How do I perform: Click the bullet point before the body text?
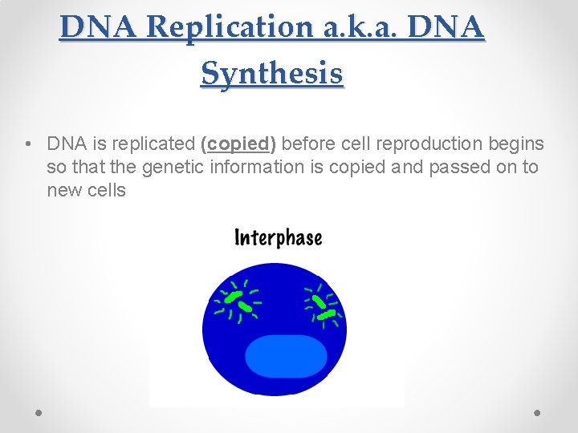28,144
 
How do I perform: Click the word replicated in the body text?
154,144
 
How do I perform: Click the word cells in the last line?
107,190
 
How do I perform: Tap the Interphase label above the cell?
278,237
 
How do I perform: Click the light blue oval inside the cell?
285,356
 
